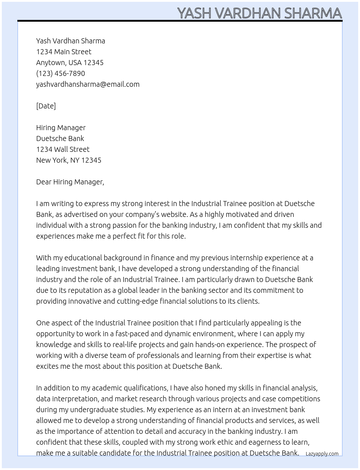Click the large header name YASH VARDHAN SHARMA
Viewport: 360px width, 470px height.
point(259,13)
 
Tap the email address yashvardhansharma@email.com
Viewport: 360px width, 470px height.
point(87,84)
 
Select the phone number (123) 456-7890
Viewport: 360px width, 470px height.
point(60,73)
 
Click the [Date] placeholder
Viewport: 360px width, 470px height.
point(46,106)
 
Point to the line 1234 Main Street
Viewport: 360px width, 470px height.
point(64,52)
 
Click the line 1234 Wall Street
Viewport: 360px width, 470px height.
point(63,149)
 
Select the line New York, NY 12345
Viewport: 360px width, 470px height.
point(69,160)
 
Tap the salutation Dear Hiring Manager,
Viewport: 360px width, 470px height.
point(70,182)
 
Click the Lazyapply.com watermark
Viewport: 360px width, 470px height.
point(322,454)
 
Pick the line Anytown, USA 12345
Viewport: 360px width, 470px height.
point(70,63)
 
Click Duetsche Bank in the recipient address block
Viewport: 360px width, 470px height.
point(60,138)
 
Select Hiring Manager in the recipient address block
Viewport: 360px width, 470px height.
point(61,128)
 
